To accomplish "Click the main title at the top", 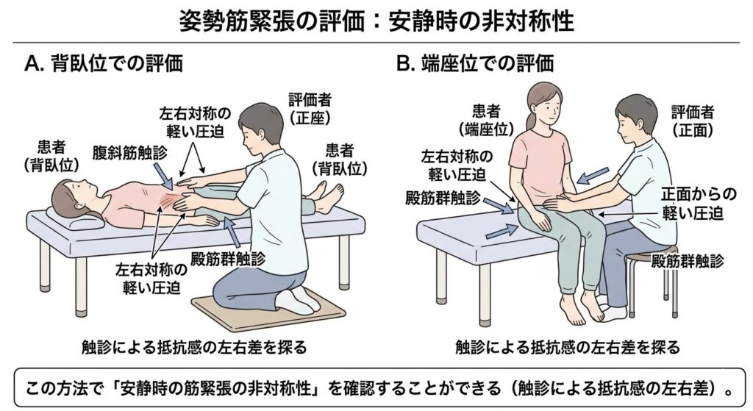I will click(x=376, y=20).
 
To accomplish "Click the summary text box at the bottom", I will click(x=376, y=385).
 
